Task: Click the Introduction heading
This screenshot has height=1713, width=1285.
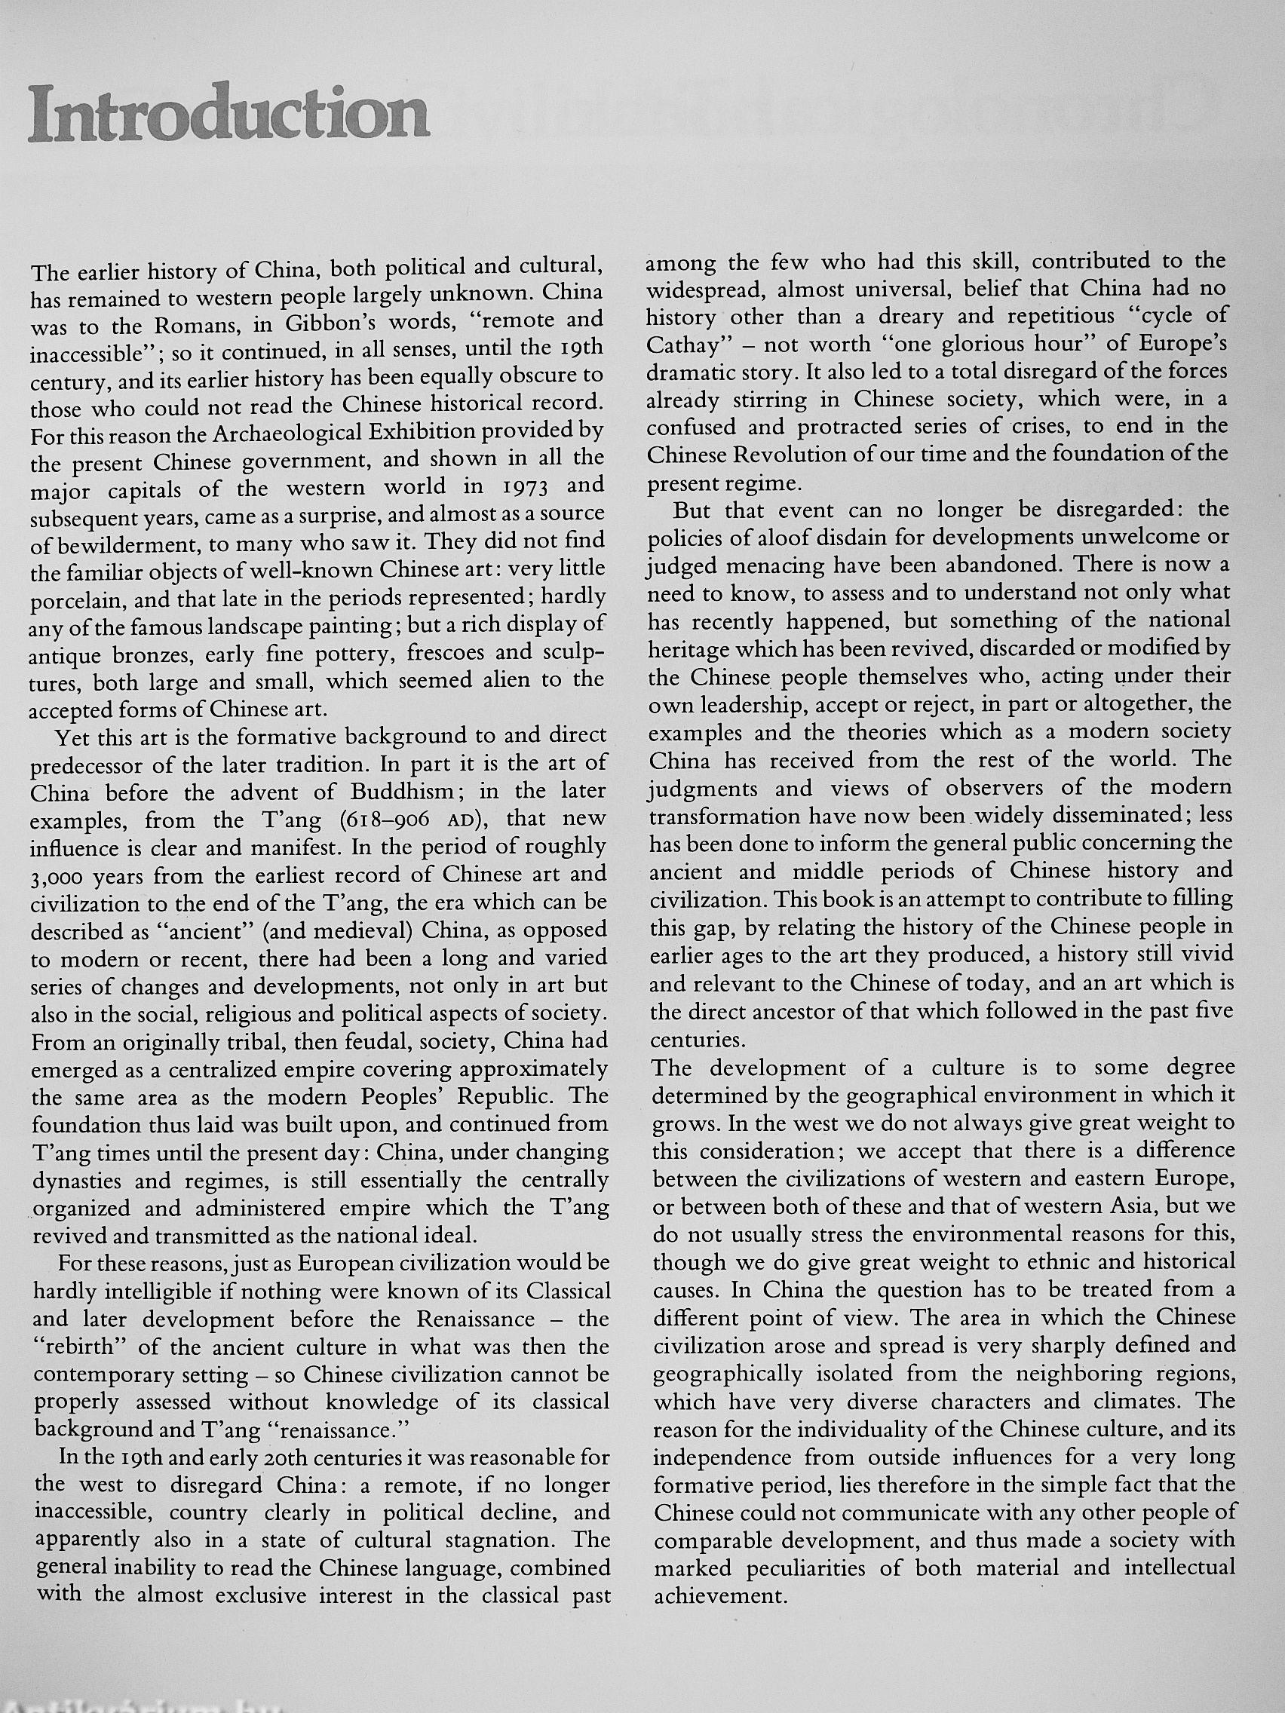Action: coord(228,115)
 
